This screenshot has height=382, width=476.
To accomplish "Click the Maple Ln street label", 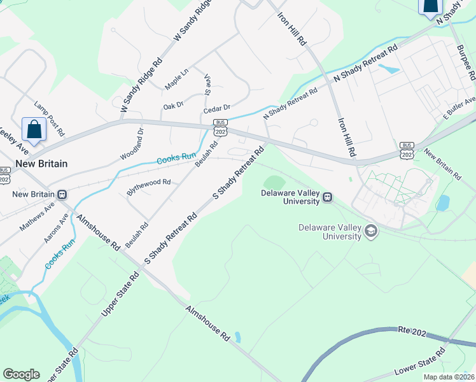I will click(177, 80).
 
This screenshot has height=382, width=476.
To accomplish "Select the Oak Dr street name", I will click(173, 105).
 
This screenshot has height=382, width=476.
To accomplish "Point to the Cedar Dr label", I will click(216, 109).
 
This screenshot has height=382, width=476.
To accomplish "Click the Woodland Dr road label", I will click(132, 145).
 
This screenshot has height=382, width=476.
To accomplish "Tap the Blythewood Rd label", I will click(149, 182).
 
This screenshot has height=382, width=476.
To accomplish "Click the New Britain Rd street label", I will click(442, 164).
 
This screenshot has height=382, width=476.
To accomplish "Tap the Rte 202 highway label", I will click(412, 330).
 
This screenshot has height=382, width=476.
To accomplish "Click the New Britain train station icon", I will click(62, 194).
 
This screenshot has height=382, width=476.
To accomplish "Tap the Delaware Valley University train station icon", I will click(327, 197).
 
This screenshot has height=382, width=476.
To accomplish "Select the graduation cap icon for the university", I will click(370, 232).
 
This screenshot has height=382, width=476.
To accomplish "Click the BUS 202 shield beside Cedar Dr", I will click(221, 127).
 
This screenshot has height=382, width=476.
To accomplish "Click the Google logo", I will click(22, 374).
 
